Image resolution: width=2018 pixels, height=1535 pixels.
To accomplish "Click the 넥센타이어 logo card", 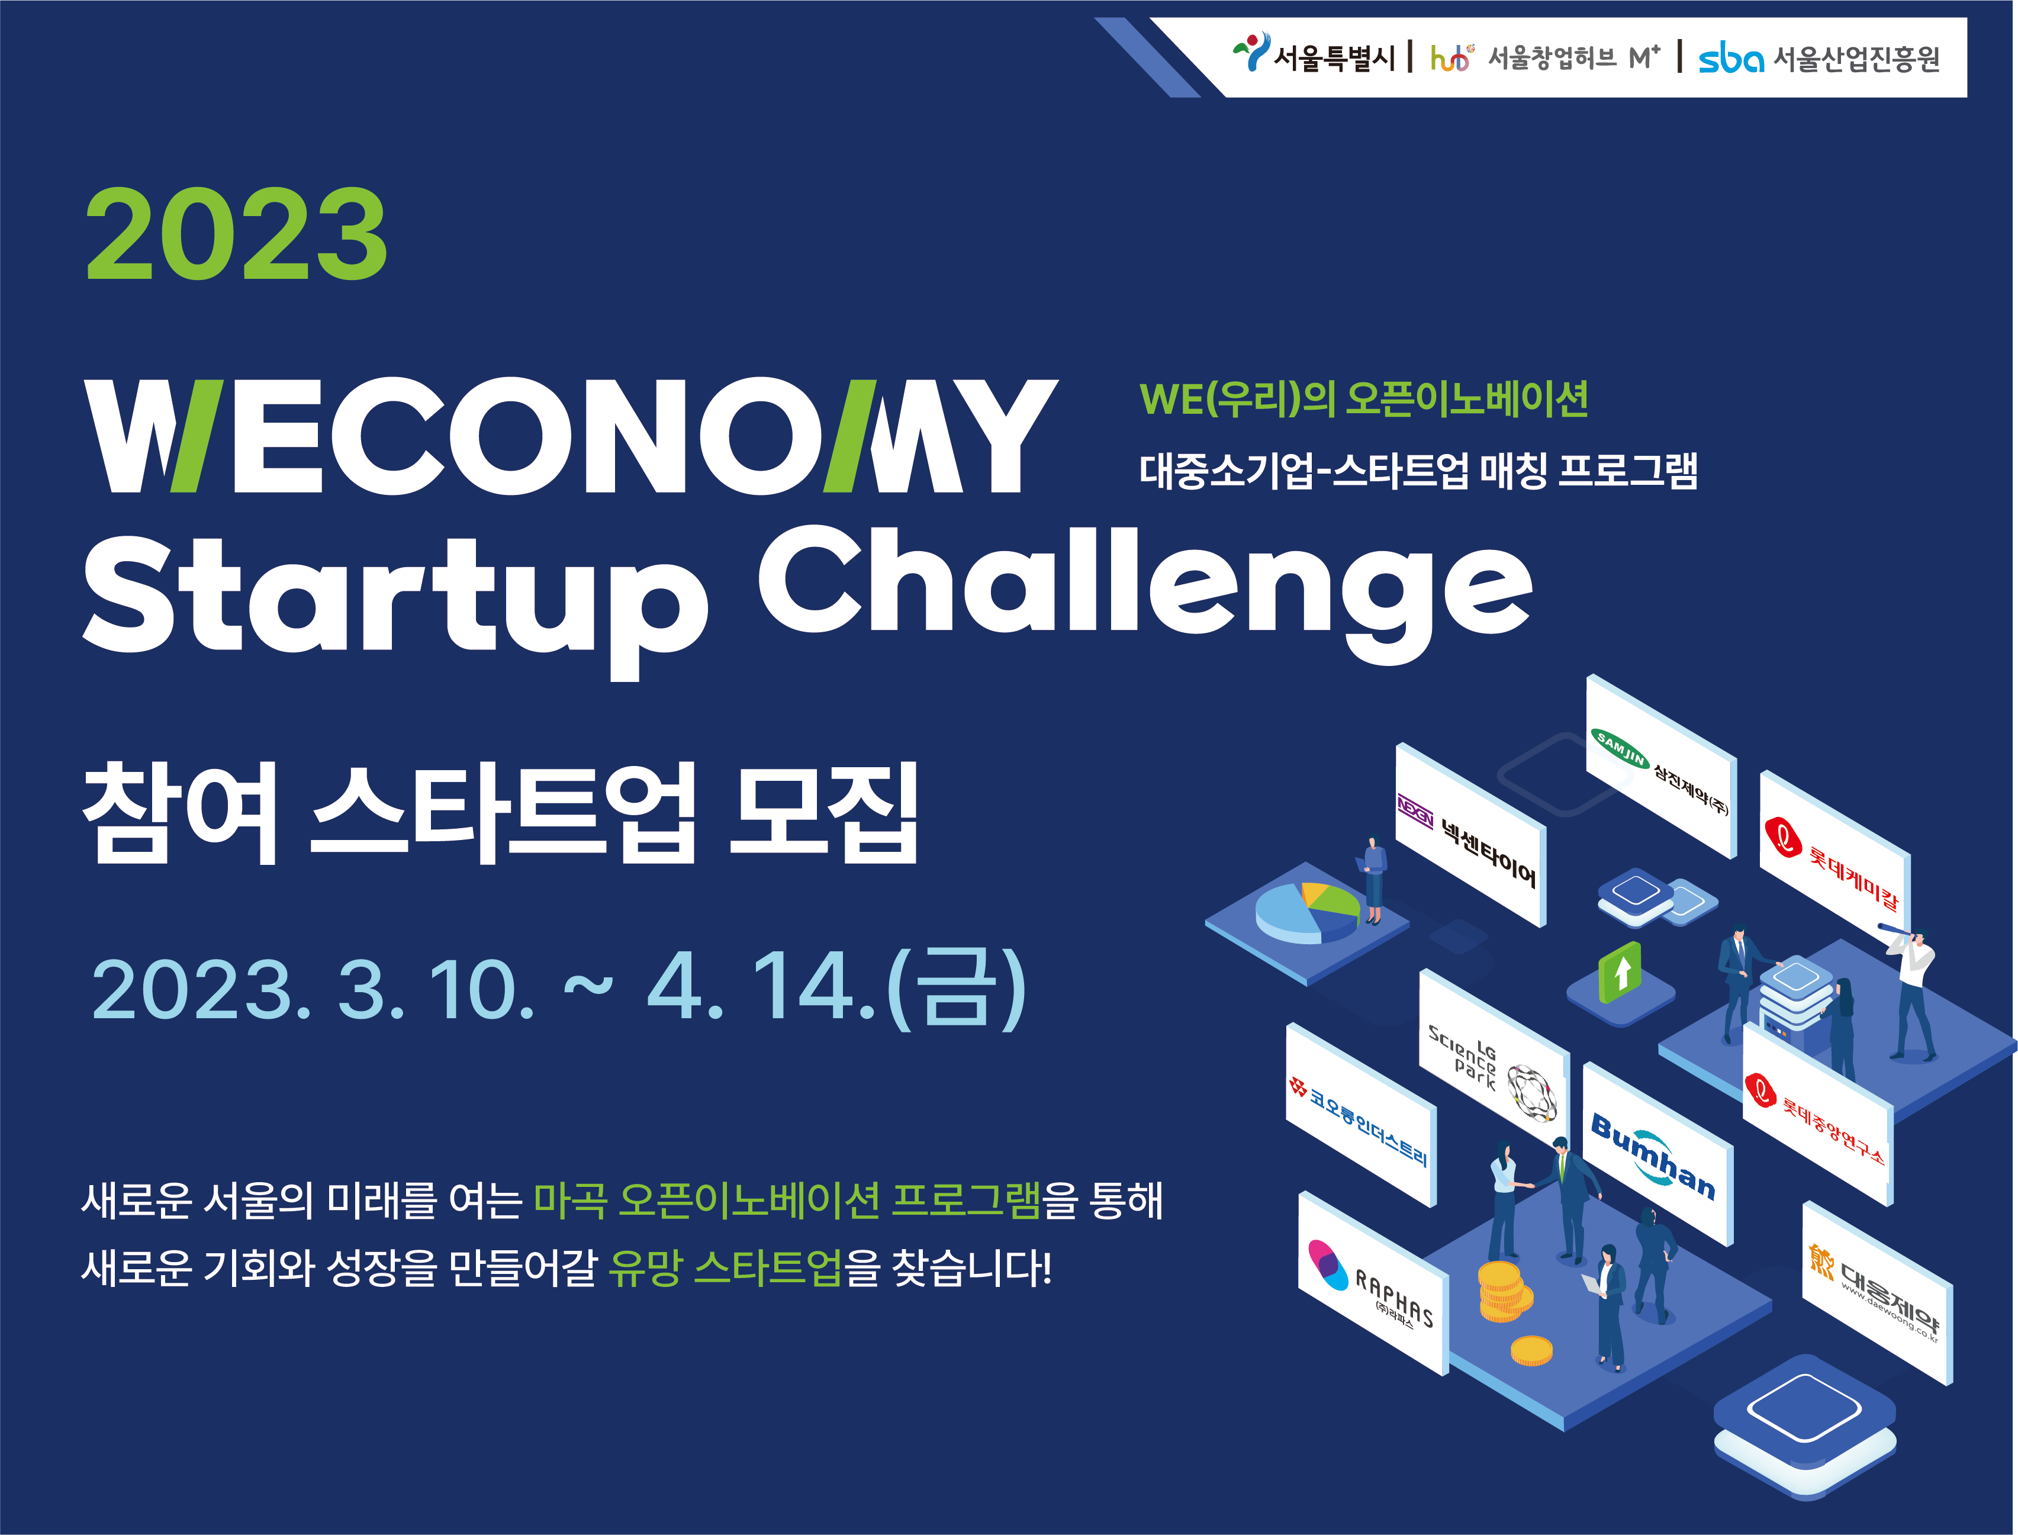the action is [1470, 834].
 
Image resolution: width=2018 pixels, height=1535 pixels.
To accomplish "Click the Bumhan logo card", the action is [1657, 1153].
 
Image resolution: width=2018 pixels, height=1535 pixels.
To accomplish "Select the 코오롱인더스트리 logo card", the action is [1361, 1115].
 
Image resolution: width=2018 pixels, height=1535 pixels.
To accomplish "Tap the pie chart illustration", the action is [1307, 912].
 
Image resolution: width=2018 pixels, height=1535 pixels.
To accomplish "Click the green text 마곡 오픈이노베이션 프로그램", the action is [787, 1200].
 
